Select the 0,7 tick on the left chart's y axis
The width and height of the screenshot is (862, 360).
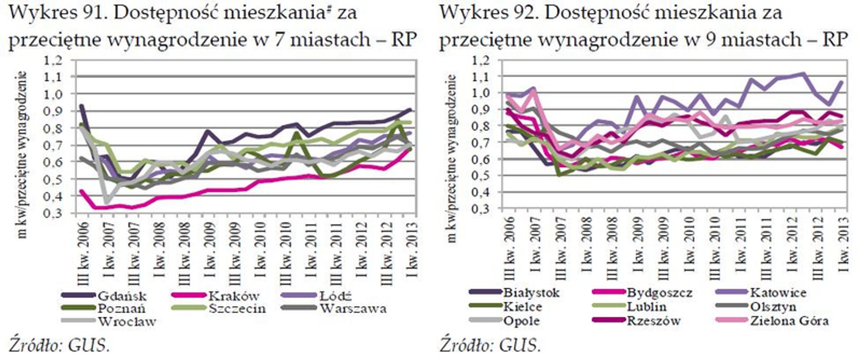point(53,145)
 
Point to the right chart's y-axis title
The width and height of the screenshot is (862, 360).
point(452,157)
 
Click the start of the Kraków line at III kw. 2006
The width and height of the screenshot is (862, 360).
point(81,191)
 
